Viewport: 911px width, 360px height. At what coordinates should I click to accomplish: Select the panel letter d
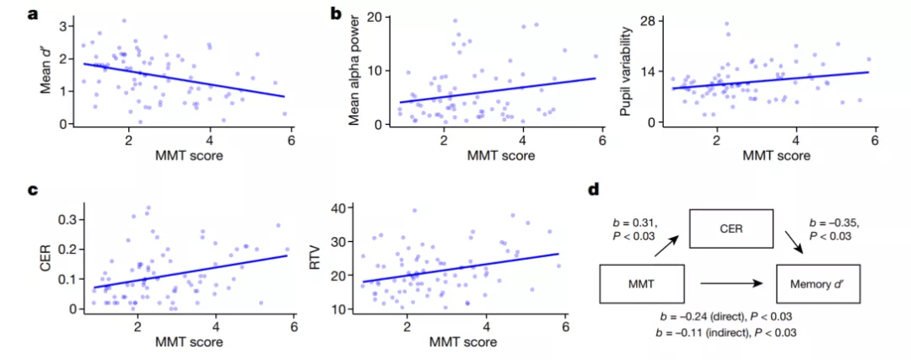[594, 189]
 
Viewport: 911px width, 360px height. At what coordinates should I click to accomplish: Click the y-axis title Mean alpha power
[356, 71]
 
